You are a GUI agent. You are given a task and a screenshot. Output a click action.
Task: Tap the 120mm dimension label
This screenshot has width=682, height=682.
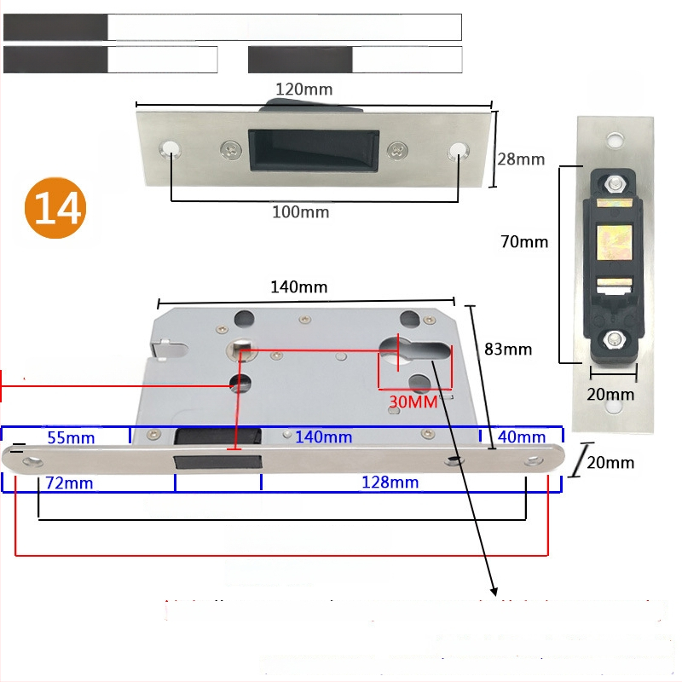[x=304, y=89]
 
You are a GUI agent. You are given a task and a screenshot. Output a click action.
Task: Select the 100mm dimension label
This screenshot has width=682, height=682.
[x=300, y=211]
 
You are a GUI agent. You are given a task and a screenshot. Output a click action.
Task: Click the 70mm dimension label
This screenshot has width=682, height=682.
[x=524, y=241]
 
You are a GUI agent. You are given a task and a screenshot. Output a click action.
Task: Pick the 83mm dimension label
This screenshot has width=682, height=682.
[x=508, y=349]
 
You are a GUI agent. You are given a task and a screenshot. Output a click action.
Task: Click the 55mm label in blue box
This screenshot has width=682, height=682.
[x=71, y=437]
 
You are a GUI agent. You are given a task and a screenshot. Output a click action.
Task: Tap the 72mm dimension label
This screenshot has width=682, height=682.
[x=70, y=483]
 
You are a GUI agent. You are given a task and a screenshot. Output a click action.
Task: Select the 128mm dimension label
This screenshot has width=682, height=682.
[x=390, y=483]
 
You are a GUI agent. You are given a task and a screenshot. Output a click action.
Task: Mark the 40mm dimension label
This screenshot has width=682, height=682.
[x=521, y=437]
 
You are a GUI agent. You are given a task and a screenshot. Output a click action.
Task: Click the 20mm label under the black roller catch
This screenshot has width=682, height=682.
[x=611, y=394]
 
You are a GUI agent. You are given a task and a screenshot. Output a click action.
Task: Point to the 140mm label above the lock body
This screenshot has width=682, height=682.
[x=298, y=287]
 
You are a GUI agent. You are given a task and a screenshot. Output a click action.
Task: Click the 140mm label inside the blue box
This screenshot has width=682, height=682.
[x=324, y=437]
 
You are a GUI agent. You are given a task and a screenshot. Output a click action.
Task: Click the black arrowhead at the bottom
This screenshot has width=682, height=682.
[x=494, y=589]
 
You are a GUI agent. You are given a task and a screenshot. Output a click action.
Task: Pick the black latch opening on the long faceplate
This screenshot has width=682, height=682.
[x=217, y=462]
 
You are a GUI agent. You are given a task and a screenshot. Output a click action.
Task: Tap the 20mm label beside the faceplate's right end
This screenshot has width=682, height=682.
[x=611, y=463]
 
